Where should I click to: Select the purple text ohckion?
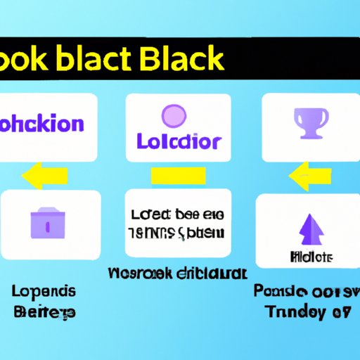[42, 125]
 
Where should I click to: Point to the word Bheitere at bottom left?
[42, 311]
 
